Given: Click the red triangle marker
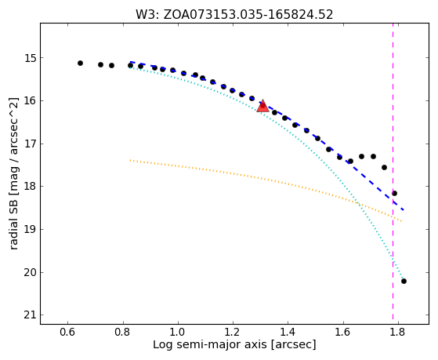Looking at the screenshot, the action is coord(262,107).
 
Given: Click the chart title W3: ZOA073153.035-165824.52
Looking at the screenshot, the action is coord(234,15).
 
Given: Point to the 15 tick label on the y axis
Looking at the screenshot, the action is coord(31,58).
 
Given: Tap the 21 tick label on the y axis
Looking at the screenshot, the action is coord(31,315).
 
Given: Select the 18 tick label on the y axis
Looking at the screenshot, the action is coord(31,187).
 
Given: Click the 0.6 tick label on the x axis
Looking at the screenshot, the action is coord(67,332).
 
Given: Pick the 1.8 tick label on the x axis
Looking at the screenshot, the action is coord(398,332).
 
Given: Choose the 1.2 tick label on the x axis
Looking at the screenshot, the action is coord(233,332).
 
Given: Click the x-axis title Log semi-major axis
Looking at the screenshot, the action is coord(209,345).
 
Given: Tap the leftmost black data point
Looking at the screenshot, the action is coord(80,64).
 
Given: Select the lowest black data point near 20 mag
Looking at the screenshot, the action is coord(404,281).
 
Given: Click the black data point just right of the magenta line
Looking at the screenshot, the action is coord(394,193).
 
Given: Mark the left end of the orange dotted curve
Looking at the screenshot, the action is coord(130,160).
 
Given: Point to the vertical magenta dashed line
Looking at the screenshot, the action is coord(393,171).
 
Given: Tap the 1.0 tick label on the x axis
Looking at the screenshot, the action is coord(178,332).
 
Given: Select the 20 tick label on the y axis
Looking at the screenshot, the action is coord(31,272).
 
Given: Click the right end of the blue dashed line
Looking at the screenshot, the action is coord(404,209).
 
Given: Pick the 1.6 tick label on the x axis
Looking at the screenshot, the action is coord(342,332).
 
